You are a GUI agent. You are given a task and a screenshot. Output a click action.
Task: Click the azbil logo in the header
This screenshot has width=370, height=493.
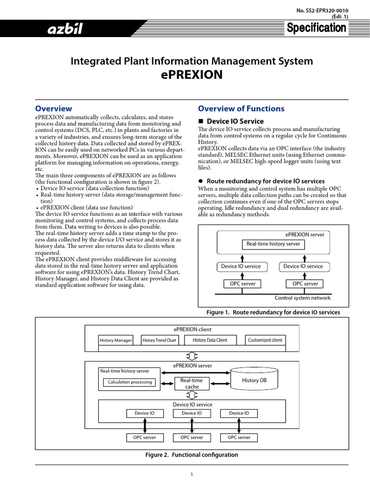pos(65,30)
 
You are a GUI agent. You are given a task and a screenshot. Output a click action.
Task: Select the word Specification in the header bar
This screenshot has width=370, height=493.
pos(316,28)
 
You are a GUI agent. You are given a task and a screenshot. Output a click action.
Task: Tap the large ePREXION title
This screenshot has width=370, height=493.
pos(191,75)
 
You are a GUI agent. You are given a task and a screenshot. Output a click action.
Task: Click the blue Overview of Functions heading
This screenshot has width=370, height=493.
pos(241,109)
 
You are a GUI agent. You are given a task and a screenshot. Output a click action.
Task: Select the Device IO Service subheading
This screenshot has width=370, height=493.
pos(235,121)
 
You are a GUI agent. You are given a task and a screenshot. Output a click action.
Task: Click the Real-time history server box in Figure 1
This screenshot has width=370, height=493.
pos(273,244)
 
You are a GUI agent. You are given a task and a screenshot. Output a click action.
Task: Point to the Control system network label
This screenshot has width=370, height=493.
pos(303,298)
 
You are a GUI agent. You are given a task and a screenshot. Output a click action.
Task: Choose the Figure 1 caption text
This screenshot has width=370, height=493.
pos(273,312)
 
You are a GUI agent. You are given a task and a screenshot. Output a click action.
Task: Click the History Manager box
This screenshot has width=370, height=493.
pos(116,340)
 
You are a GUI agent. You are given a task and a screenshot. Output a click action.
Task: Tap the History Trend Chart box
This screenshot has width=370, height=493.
pos(159,340)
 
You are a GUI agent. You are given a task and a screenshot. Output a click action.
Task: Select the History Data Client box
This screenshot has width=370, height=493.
pos(210,340)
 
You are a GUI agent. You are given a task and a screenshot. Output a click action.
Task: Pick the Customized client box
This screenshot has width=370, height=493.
pos(265,340)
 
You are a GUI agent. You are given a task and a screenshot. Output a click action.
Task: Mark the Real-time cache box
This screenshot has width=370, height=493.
pos(192,383)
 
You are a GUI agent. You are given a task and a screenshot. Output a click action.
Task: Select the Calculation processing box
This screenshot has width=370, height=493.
pos(130,382)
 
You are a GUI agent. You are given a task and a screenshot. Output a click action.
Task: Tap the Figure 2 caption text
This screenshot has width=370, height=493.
pos(192,455)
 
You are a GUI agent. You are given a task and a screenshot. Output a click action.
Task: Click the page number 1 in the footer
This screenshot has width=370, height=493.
pos(192,475)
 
